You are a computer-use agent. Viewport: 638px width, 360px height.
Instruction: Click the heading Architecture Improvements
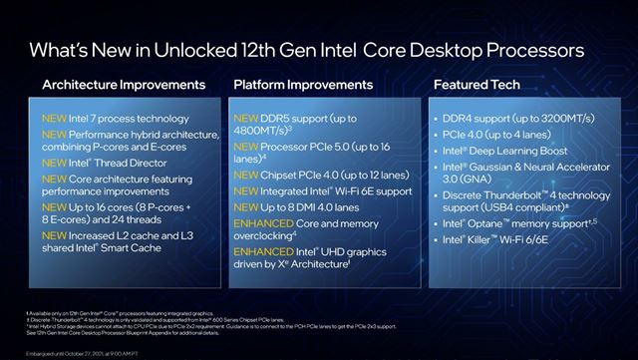coord(124,85)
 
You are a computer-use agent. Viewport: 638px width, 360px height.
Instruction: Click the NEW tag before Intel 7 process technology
coord(55,118)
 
